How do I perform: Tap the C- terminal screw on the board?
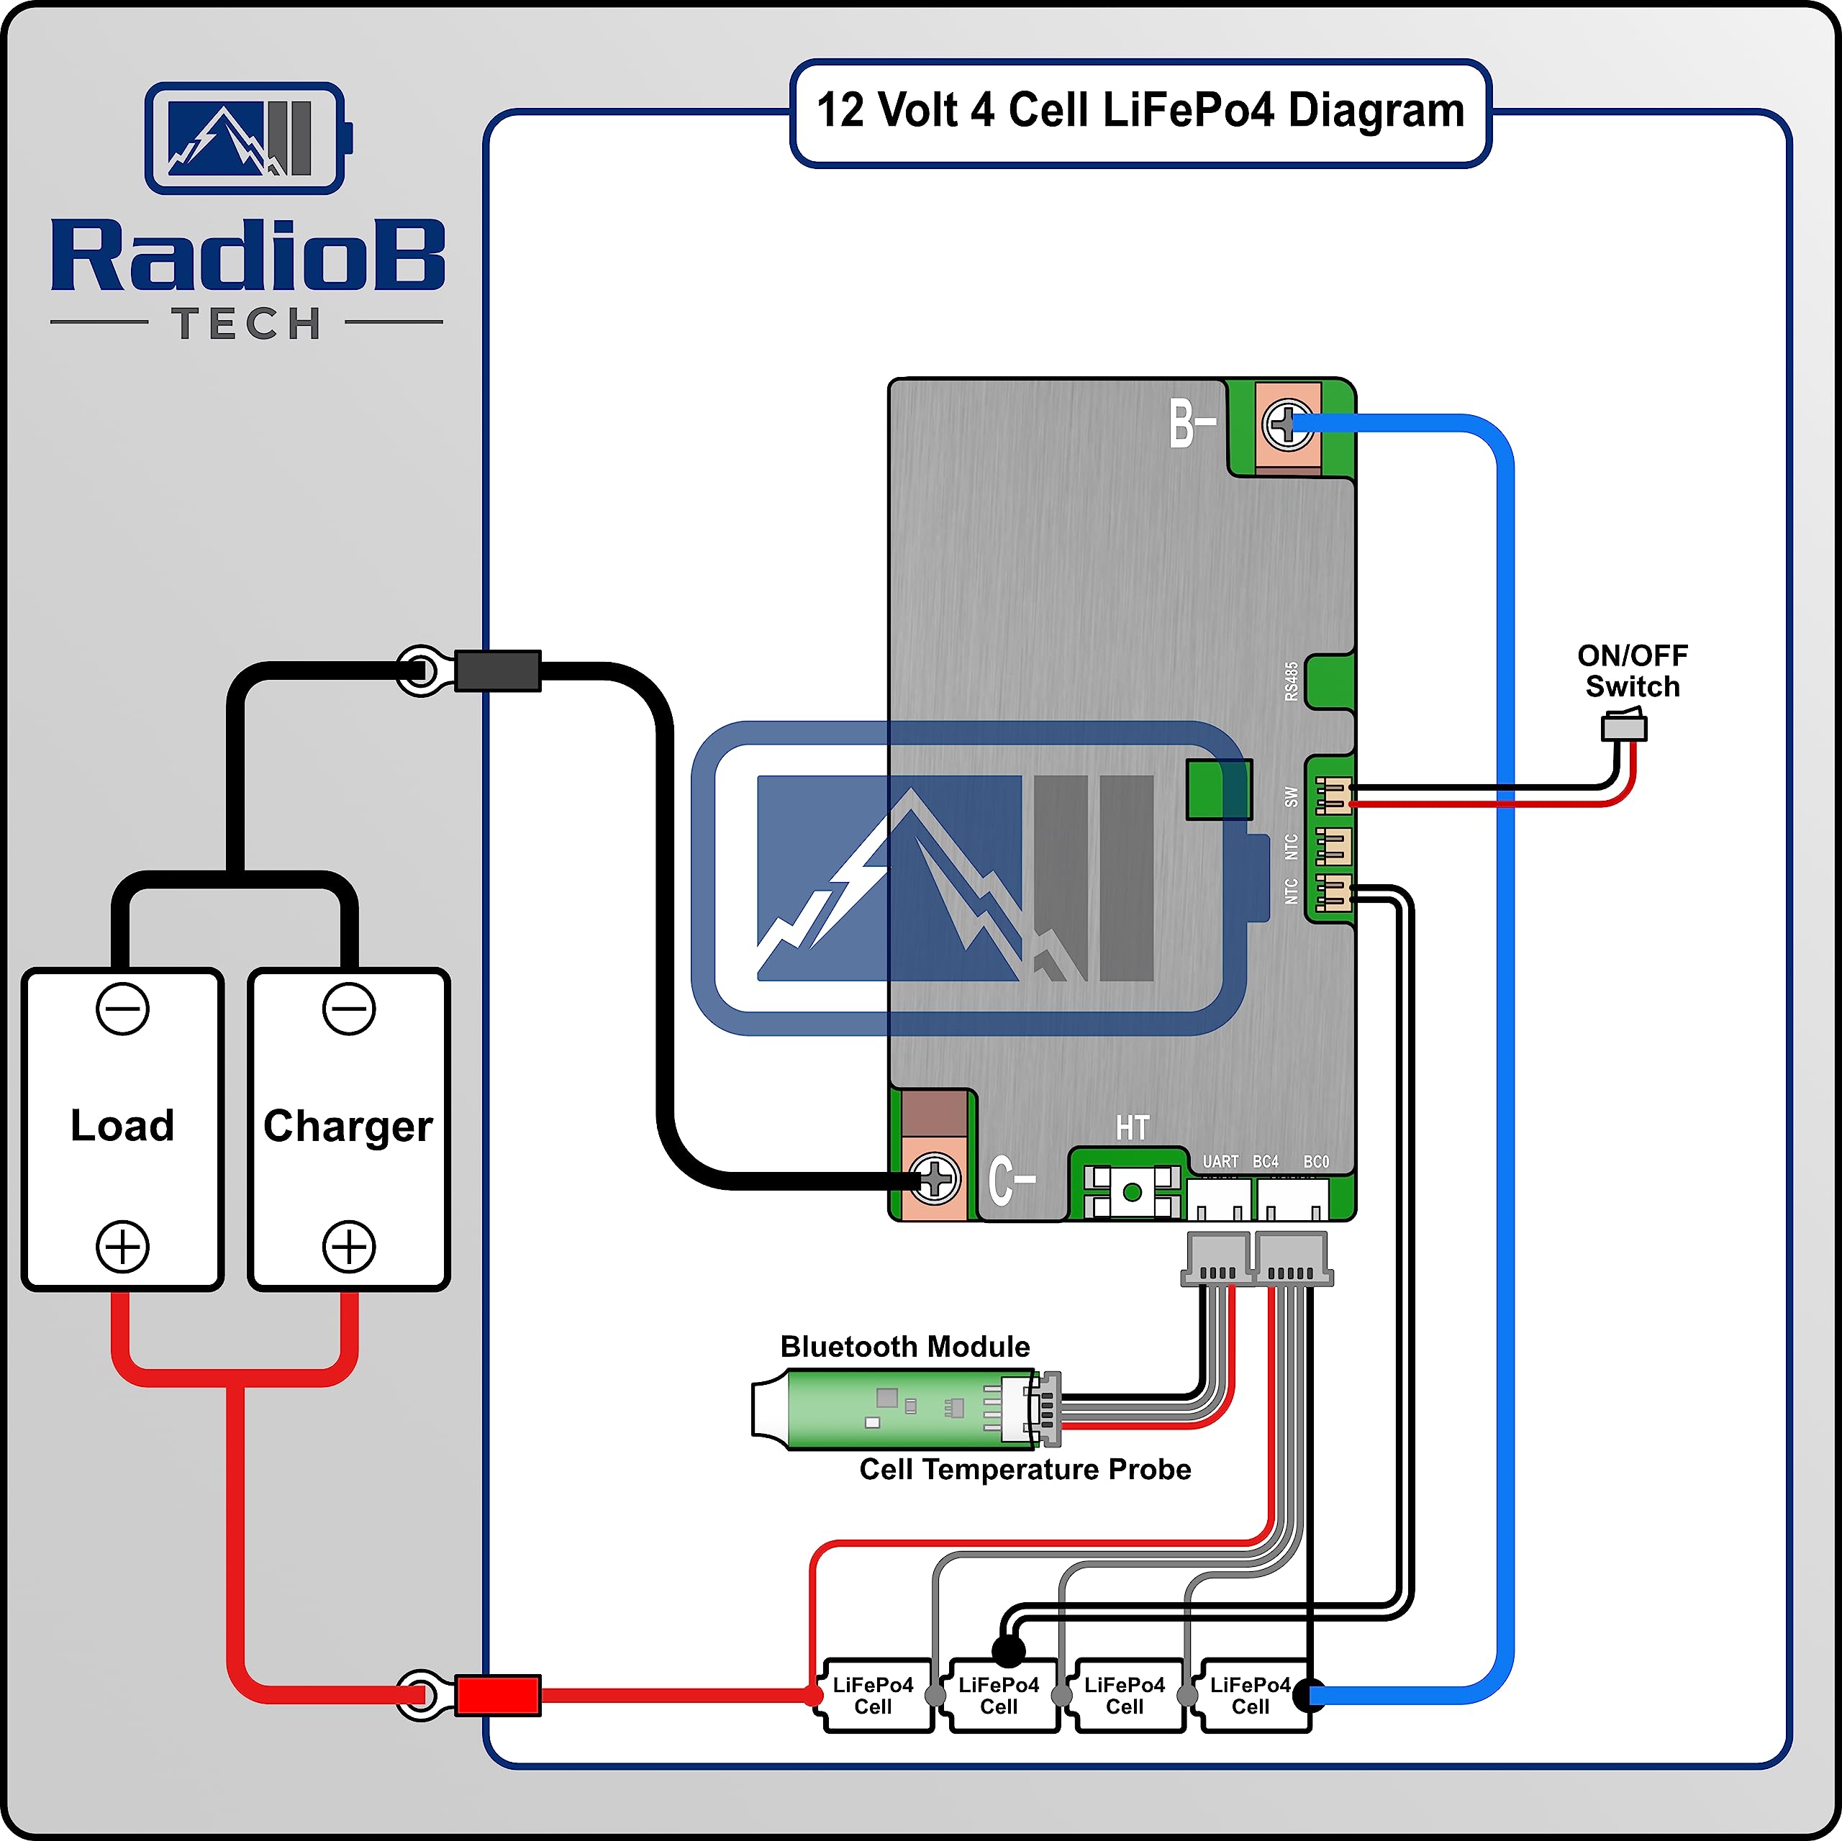click(x=935, y=1179)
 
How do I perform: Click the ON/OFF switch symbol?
click(x=1624, y=728)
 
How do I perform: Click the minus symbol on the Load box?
click(x=123, y=1009)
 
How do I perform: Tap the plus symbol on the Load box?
click(x=123, y=1246)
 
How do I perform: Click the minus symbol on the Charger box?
click(x=349, y=1009)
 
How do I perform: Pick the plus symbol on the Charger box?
click(x=349, y=1246)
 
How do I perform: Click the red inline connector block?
click(x=498, y=1695)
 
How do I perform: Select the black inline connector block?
click(x=498, y=671)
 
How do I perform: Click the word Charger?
click(x=348, y=1126)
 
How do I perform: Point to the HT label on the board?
click(x=1133, y=1128)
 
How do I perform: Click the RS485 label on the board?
click(x=1291, y=682)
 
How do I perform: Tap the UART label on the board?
click(x=1220, y=1161)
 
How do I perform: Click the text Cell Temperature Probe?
click(x=1025, y=1469)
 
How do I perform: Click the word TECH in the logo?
click(x=247, y=324)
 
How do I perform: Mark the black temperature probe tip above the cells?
click(x=1008, y=1650)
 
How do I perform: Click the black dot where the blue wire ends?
click(x=1309, y=1694)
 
